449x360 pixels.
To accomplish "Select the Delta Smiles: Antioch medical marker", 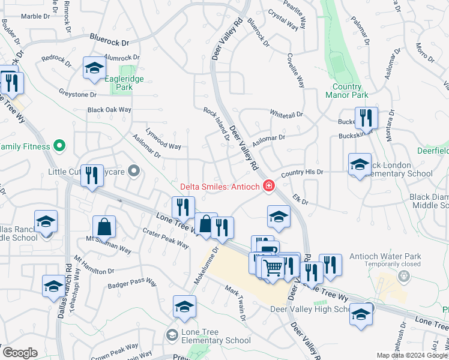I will [x=269, y=186].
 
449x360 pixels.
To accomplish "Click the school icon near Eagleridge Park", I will [x=94, y=69].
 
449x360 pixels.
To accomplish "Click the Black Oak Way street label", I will [x=109, y=110].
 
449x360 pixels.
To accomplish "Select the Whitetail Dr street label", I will [x=286, y=113].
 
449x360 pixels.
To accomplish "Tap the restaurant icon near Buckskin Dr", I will [x=366, y=119].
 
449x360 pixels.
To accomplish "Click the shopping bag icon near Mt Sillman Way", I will [x=104, y=227].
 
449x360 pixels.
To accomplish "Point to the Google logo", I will [x=19, y=353].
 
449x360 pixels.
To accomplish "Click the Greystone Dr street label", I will [x=77, y=94].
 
